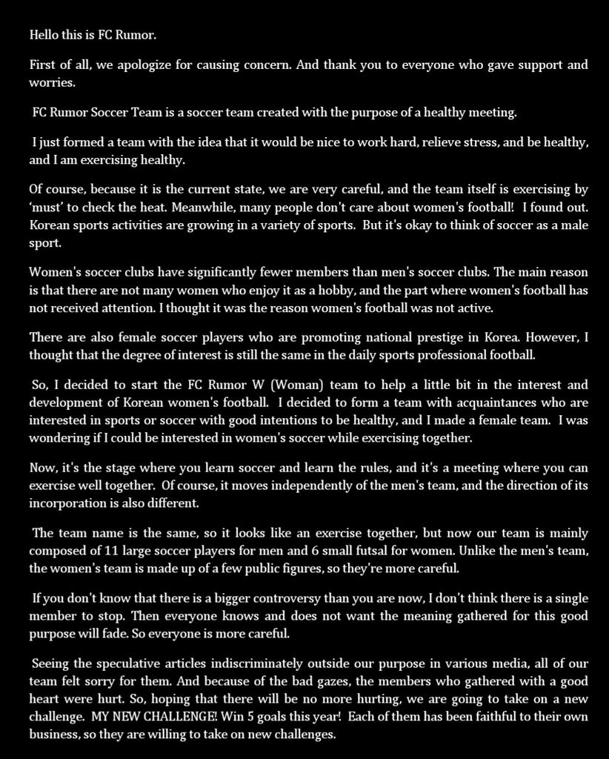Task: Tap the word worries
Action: click(52, 82)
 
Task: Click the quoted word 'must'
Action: click(47, 207)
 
